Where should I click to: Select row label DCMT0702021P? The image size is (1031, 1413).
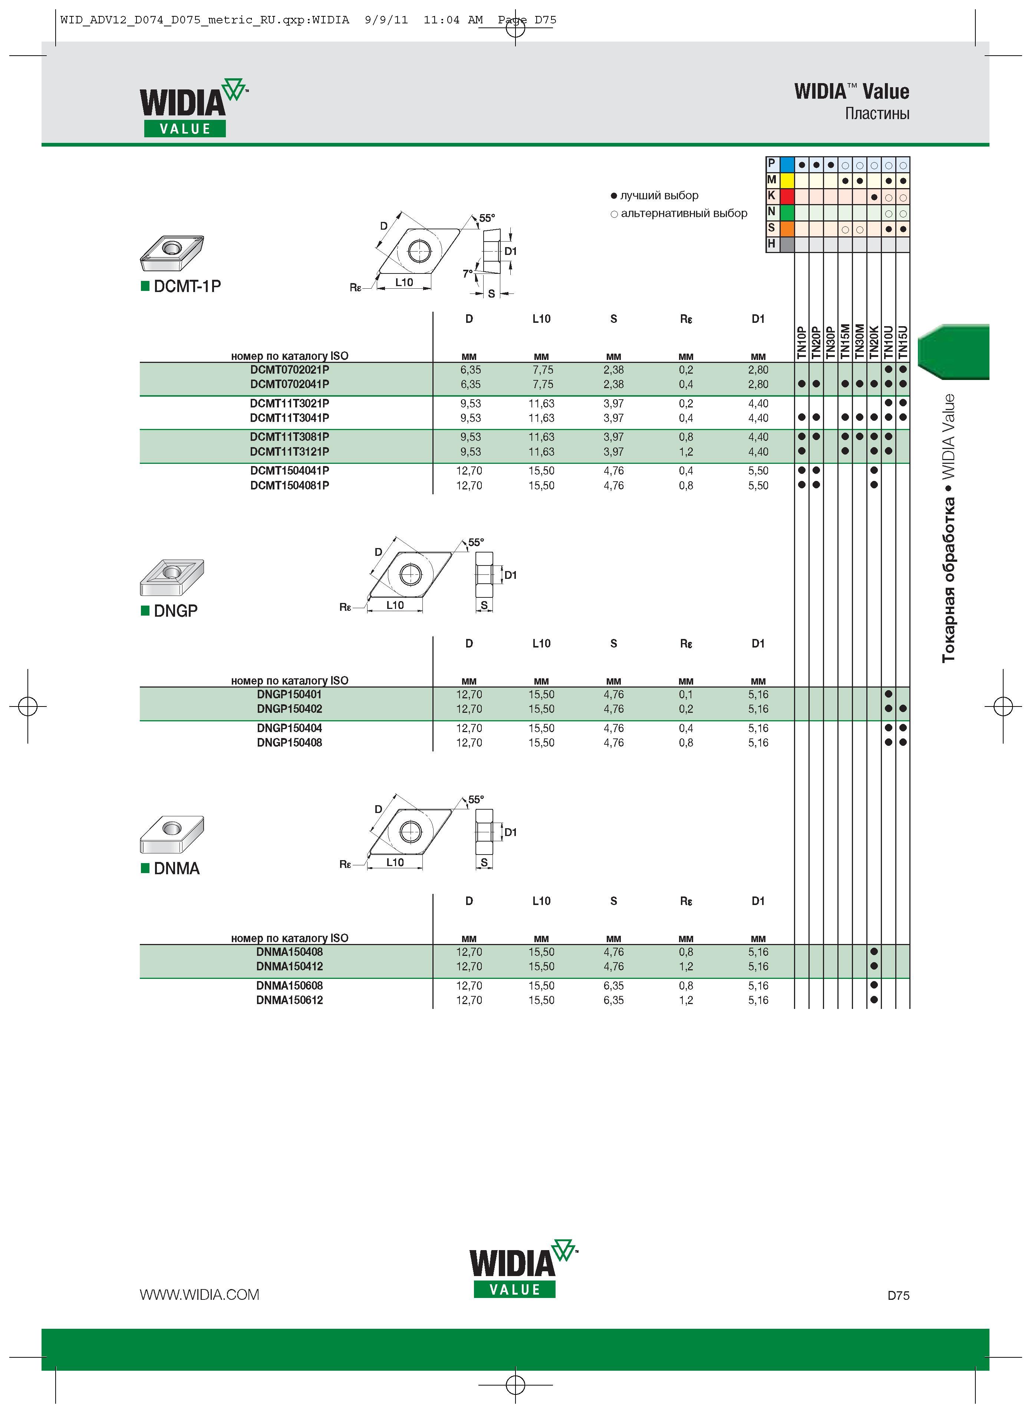290,370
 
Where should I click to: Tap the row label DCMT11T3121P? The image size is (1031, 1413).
290,452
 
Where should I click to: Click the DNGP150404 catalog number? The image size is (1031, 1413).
290,728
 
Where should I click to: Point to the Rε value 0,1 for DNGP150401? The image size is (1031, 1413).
686,694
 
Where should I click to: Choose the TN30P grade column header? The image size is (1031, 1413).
830,342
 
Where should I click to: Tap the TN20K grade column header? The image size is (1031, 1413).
874,342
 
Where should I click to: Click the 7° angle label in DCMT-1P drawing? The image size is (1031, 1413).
467,273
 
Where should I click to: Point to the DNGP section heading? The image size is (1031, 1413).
175,611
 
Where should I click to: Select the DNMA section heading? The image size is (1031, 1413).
177,869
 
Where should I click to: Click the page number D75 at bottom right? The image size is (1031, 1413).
899,1296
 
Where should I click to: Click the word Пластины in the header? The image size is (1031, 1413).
877,114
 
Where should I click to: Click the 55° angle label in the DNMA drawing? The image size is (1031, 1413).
476,800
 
